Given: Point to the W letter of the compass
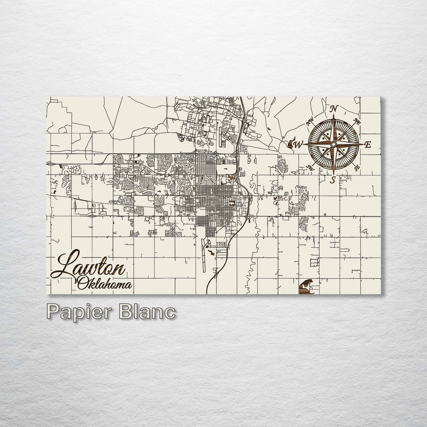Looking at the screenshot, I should [x=298, y=144].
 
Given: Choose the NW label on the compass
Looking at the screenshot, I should [x=310, y=121].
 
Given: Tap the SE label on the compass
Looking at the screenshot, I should [x=357, y=168].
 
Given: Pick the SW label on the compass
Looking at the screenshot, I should [x=310, y=168].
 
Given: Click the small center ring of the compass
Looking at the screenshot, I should [x=333, y=144].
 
